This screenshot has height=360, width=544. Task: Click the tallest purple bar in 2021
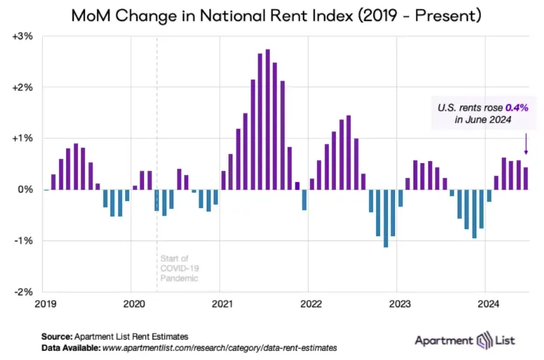[x=268, y=120]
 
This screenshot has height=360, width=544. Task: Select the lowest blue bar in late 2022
[x=386, y=218]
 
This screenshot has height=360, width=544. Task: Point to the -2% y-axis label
[x=23, y=292]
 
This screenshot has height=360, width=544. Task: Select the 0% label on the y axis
[x=25, y=190]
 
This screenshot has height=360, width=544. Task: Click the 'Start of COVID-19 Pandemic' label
[x=180, y=268]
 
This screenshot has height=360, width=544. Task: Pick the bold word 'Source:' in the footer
[x=58, y=336]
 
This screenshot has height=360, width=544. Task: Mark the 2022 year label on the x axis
[x=311, y=304]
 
